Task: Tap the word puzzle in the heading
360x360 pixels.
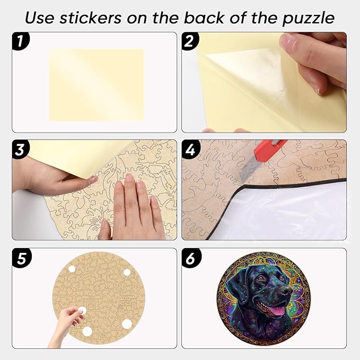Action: pos(308,17)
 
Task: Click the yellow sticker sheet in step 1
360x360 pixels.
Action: pos(96,85)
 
